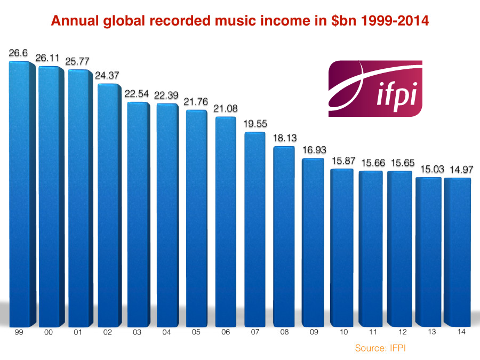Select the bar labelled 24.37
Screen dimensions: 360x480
pyautogui.click(x=109, y=205)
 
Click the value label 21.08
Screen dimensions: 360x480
pyautogui.click(x=227, y=108)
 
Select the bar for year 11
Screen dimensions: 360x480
pyautogui.click(x=371, y=248)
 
